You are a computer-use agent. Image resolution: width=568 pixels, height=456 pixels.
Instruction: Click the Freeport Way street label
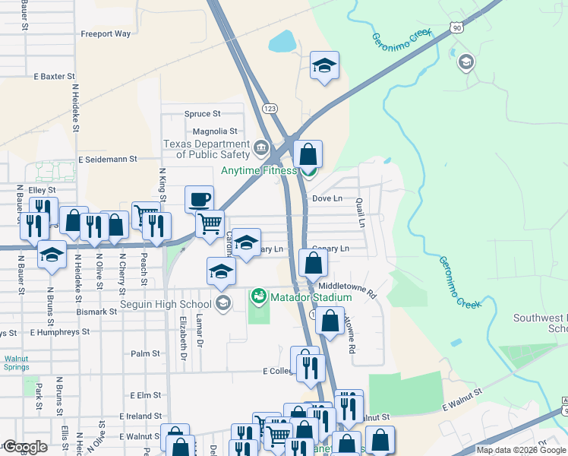106,34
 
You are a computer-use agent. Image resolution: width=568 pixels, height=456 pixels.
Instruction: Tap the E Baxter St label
54,77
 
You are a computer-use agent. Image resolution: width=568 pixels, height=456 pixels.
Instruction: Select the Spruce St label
202,114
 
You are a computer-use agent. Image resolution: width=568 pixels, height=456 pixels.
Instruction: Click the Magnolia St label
200,131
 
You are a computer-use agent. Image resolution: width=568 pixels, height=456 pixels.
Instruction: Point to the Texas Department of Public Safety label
207,149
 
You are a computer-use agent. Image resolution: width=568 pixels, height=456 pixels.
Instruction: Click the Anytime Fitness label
259,170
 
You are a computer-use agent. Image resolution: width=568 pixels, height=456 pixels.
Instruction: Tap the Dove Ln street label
327,198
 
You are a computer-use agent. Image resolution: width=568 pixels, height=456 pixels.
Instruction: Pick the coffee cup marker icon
200,199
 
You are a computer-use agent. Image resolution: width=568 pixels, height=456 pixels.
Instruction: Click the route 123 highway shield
269,109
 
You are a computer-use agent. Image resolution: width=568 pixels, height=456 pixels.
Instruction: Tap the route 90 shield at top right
456,28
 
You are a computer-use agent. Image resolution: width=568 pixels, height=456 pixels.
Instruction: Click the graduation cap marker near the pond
324,65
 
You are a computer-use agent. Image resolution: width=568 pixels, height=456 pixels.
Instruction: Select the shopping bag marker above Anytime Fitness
308,154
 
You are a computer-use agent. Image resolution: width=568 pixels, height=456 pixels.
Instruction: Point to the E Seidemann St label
107,160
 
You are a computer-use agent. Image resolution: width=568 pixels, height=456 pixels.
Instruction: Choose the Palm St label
145,353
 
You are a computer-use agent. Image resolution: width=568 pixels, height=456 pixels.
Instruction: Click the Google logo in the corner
25,447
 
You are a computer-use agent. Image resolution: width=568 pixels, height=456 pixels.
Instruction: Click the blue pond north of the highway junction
282,41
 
